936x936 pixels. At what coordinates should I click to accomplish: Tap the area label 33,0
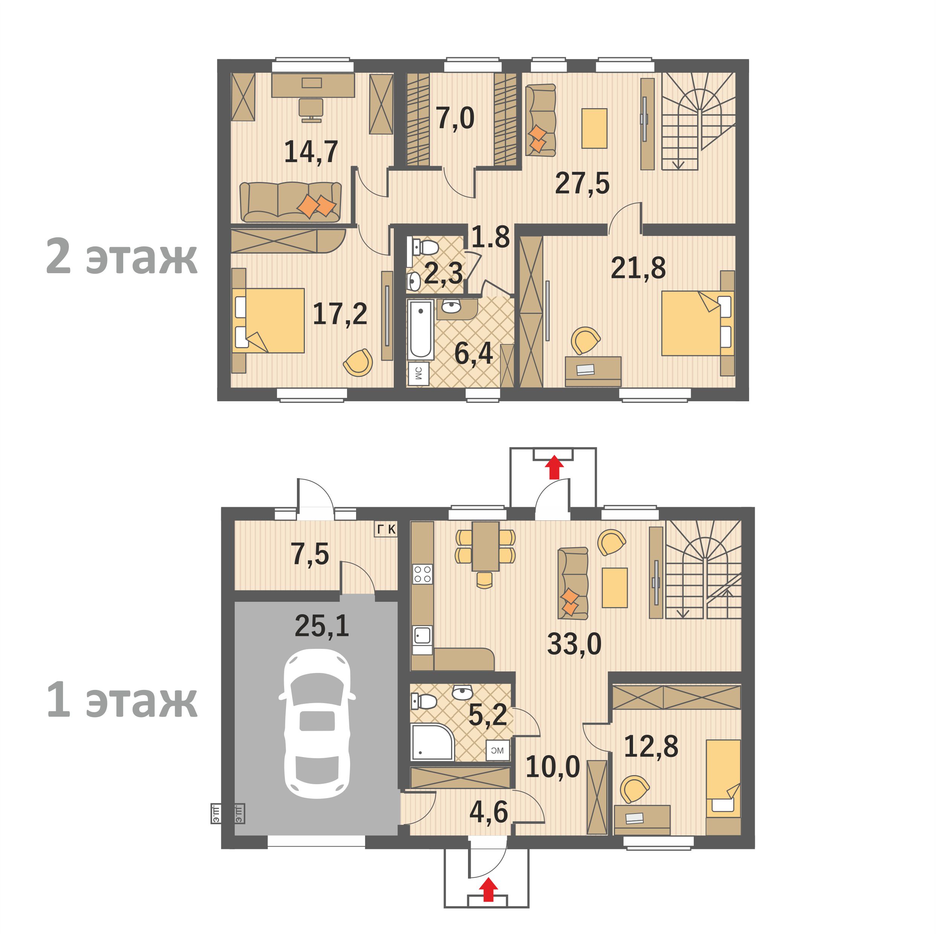tap(574, 644)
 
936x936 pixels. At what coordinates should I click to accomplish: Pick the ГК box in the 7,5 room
tap(386, 529)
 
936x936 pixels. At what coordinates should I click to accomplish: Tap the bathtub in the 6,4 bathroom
tap(420, 329)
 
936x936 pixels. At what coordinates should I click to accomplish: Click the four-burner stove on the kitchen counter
tap(422, 574)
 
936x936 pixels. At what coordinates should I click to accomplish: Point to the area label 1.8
tap(490, 237)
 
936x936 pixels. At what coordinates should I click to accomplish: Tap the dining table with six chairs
tap(485, 546)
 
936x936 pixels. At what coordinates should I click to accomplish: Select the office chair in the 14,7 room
tap(310, 109)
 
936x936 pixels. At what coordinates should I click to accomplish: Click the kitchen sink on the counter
tap(422, 635)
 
